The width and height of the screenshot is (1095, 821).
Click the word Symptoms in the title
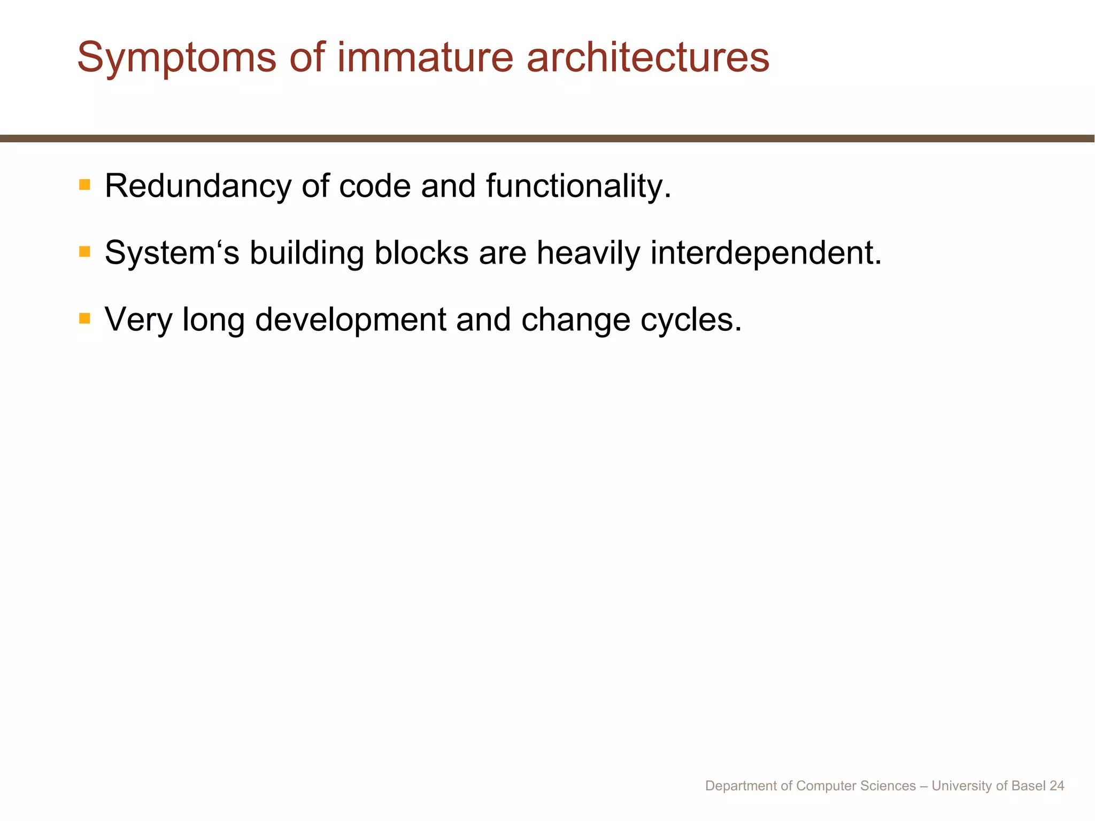point(177,58)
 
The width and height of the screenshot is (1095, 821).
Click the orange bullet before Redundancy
point(84,185)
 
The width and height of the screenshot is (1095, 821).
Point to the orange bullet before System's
point(84,252)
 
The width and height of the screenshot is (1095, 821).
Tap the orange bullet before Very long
point(84,319)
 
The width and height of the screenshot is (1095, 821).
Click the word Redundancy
point(198,186)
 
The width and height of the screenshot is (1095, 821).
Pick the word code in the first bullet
point(375,186)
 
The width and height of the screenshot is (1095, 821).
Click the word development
point(350,320)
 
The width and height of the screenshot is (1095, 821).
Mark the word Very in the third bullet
point(138,320)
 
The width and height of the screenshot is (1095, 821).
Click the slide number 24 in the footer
point(1057,786)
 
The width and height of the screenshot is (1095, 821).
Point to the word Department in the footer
point(741,786)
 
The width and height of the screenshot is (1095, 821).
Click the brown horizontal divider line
point(547,138)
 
